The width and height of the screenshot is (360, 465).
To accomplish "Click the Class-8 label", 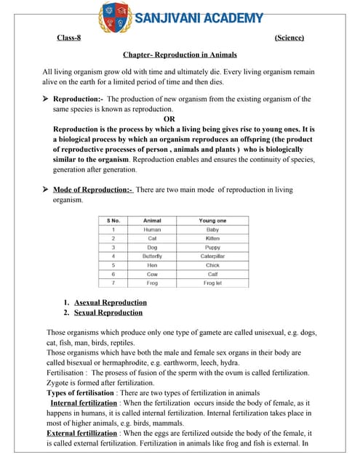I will pyautogui.click(x=71, y=38).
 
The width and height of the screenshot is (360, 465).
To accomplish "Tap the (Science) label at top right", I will pyautogui.click(x=289, y=38).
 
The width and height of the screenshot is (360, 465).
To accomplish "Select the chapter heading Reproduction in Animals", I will pyautogui.click(x=180, y=54).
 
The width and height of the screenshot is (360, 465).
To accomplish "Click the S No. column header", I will pyautogui.click(x=113, y=220).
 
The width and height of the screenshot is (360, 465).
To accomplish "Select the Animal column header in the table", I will pyautogui.click(x=153, y=220).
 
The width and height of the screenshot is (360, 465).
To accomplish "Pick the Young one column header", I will pyautogui.click(x=212, y=220).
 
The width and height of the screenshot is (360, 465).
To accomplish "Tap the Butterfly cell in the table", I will pyautogui.click(x=153, y=256).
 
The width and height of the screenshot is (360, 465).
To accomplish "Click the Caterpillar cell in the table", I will pyautogui.click(x=212, y=256).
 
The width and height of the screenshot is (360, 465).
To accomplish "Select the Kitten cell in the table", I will pyautogui.click(x=212, y=238).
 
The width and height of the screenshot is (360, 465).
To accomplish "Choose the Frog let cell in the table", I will pyautogui.click(x=212, y=283).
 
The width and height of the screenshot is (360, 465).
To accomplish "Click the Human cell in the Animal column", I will pyautogui.click(x=153, y=230).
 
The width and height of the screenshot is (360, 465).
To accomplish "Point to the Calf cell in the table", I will pyautogui.click(x=212, y=275).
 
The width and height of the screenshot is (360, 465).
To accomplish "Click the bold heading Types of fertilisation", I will pyautogui.click(x=81, y=392).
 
